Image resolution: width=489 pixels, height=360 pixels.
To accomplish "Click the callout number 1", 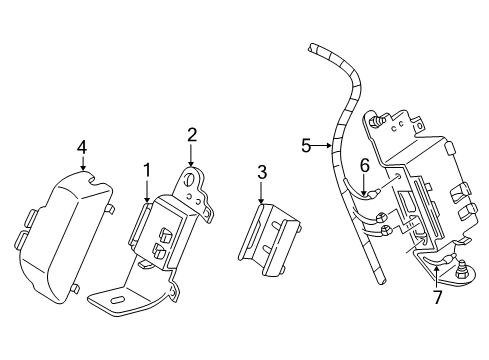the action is (147, 170).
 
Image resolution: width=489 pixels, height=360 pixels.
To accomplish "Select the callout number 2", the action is (192, 135).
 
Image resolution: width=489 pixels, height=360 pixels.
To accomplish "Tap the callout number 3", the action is (262, 173).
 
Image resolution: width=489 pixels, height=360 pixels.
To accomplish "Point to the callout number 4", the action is (82, 147).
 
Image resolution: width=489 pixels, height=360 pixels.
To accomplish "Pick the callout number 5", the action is (306, 146).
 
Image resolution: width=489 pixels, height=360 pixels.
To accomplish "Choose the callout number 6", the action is (365, 165).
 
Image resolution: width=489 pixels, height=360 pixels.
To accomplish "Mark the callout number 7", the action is (437, 297).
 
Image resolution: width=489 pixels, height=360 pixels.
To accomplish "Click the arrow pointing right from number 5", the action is (322, 145).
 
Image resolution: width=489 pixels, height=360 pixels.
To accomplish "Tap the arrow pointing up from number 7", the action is (436, 276).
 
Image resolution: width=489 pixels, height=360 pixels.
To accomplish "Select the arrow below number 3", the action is (261, 192).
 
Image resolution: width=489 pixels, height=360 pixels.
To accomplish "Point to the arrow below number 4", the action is (83, 164).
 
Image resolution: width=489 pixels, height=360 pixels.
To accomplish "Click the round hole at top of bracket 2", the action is (189, 180).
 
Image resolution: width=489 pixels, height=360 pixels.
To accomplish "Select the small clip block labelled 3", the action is (269, 240).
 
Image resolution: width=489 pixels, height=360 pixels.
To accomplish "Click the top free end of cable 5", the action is (311, 47).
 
